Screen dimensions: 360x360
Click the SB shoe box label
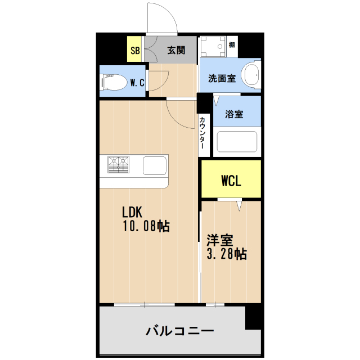[135, 51]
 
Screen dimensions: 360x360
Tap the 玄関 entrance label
[176, 51]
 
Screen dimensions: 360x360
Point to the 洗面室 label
[222, 79]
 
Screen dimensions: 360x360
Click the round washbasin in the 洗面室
[251, 75]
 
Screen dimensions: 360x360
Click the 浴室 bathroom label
[234, 114]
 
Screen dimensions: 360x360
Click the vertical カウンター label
[202, 133]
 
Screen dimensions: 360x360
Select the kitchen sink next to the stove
[155, 166]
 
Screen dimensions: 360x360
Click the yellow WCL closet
[231, 180]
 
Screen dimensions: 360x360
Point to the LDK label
[134, 212]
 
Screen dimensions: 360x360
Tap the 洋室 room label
[219, 240]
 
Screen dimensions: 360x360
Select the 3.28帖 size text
[227, 254]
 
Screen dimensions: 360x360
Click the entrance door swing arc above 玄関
[162, 17]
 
